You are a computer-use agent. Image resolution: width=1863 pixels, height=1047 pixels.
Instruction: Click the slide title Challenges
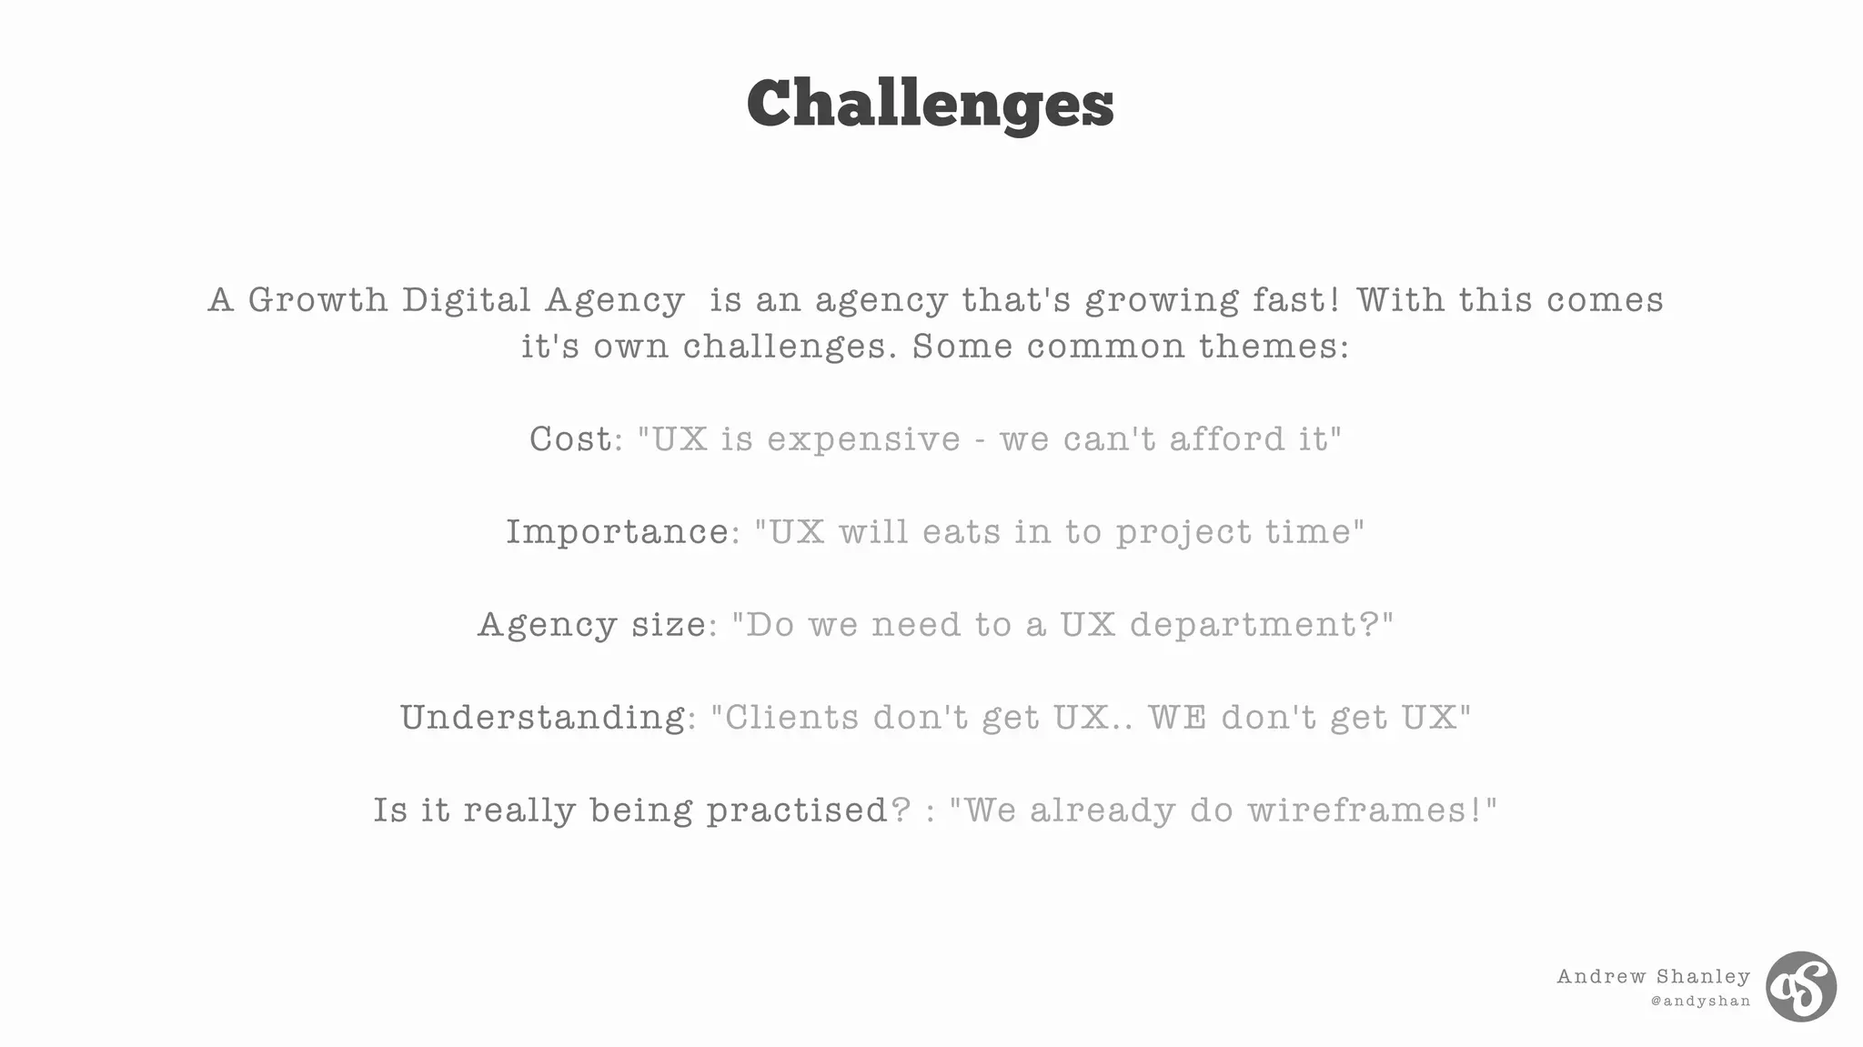point(930,104)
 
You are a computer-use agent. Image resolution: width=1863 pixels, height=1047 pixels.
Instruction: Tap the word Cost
point(570,439)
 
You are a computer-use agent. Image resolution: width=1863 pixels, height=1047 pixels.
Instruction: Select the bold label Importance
point(617,532)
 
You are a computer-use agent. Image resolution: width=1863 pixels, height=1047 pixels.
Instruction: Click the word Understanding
point(542,718)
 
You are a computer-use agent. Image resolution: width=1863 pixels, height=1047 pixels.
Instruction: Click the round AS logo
point(1800,987)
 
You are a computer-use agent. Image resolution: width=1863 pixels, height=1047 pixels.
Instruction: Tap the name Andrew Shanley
point(1653,977)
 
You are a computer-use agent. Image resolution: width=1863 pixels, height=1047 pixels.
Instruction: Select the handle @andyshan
point(1700,1002)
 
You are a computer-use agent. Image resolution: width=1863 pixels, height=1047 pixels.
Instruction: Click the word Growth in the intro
point(317,300)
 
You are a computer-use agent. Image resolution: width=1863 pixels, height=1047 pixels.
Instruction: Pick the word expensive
point(863,439)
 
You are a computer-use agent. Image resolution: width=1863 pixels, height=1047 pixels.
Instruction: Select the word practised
point(797,810)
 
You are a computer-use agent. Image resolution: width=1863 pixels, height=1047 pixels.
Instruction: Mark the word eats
point(961,532)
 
